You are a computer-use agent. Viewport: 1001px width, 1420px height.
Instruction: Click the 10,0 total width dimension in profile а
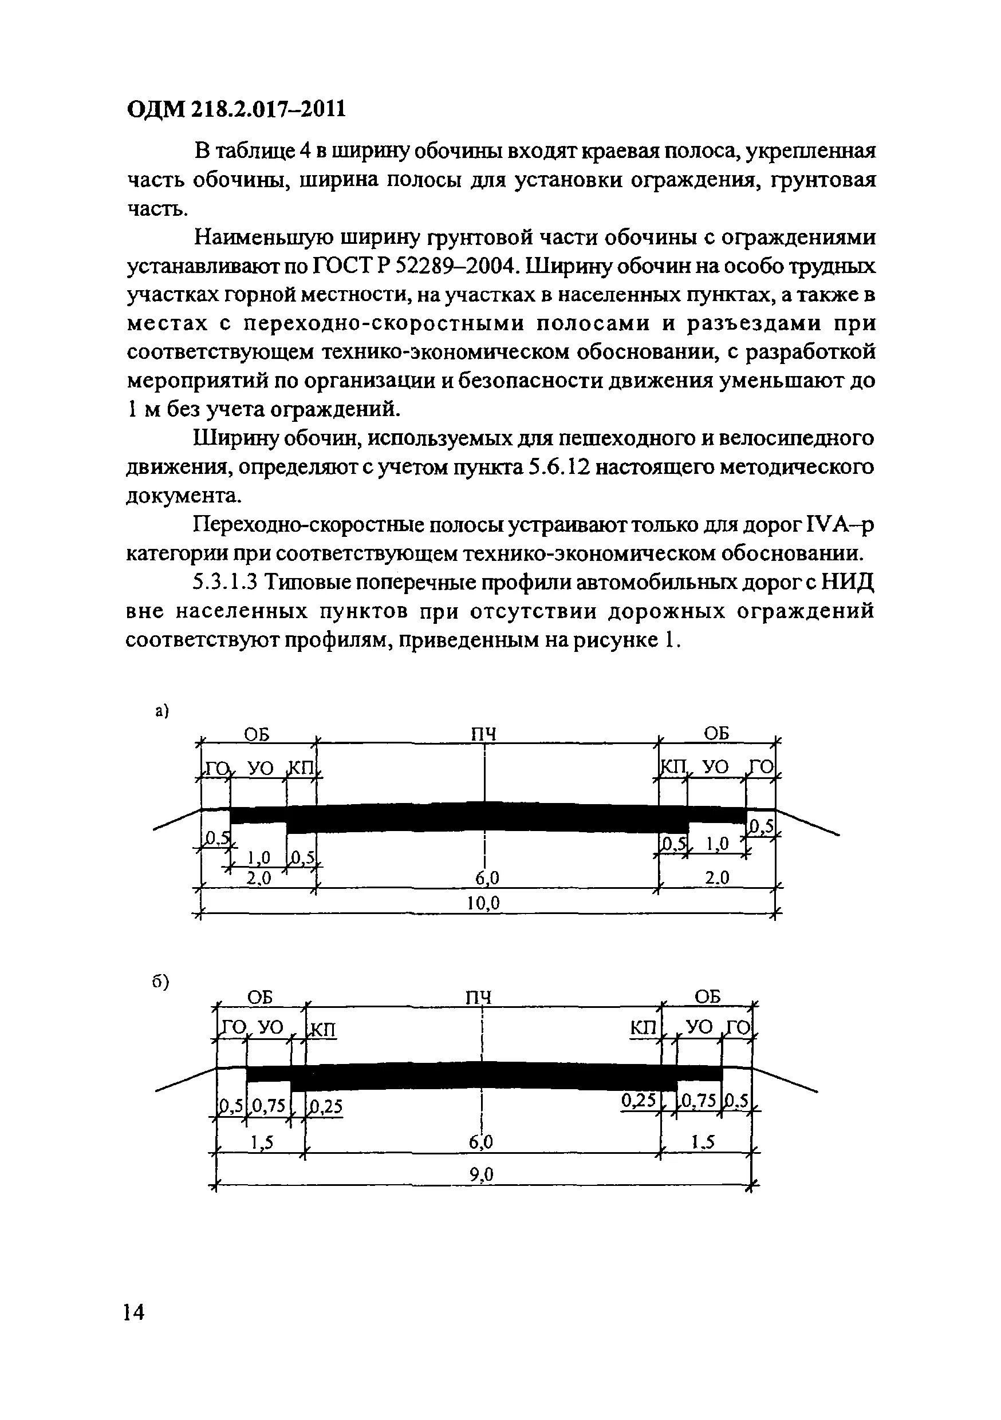483,904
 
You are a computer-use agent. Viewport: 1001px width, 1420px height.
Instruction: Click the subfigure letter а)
162,711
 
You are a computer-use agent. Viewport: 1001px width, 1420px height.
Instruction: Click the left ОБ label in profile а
257,734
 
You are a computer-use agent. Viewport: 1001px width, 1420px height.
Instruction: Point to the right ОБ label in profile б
708,996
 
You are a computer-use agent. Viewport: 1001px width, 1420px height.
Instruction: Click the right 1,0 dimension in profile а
717,844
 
